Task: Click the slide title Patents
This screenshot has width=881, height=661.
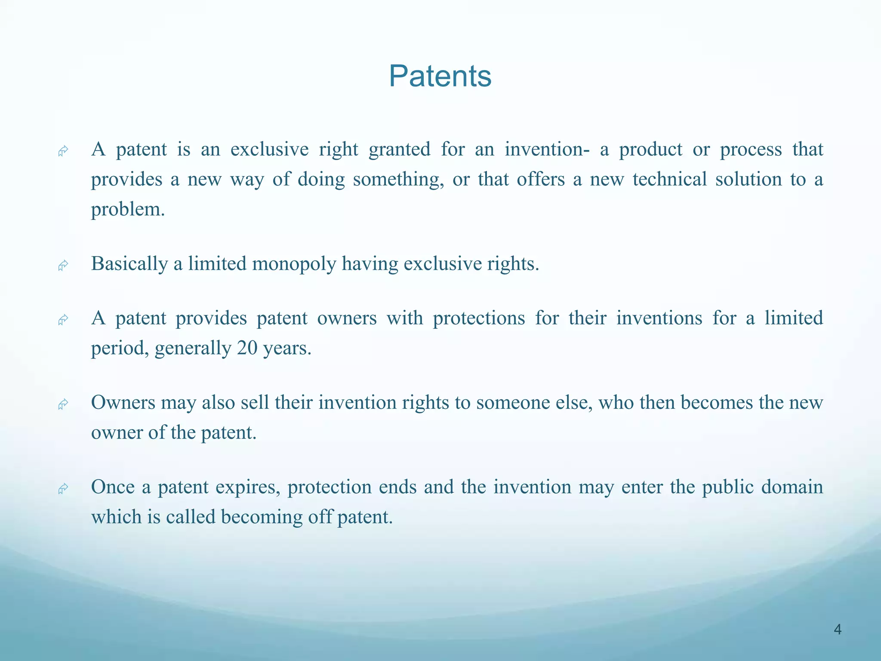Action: (440, 76)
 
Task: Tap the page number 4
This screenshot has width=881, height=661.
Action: (837, 630)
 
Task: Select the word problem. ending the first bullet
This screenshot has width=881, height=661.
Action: (128, 210)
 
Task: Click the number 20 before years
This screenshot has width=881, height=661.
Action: (247, 348)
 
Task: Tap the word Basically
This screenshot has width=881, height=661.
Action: (129, 264)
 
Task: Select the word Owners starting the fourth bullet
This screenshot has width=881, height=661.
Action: (123, 403)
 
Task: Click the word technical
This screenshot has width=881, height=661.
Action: (669, 179)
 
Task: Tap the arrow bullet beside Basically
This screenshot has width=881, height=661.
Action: (63, 266)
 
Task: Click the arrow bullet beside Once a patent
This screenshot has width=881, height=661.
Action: (63, 489)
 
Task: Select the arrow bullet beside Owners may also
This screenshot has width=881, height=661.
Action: (63, 405)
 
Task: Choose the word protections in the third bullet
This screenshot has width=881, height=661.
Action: (479, 318)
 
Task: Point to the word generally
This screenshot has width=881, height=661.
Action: (193, 348)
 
